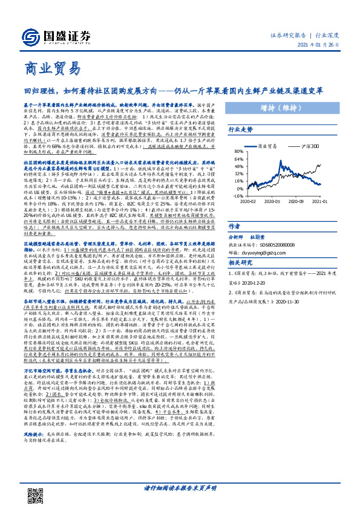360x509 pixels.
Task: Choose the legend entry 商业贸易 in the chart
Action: [x=267, y=146]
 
